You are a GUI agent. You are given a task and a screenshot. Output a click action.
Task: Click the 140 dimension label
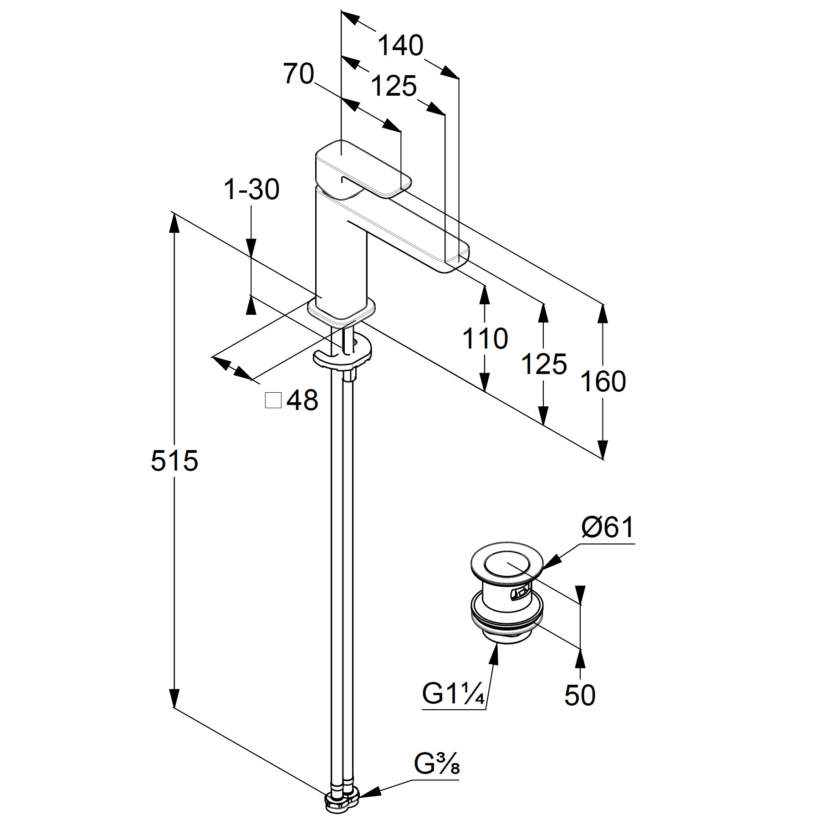(x=401, y=46)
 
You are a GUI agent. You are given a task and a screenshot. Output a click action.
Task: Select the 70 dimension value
(x=299, y=74)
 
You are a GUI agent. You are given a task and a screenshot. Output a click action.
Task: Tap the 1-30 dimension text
(x=251, y=189)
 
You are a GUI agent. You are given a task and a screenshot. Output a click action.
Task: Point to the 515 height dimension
(x=174, y=461)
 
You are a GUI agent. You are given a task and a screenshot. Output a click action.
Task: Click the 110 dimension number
(x=485, y=338)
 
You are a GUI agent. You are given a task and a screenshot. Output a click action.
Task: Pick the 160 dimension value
(x=603, y=381)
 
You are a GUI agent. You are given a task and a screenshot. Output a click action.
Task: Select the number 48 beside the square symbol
(x=302, y=400)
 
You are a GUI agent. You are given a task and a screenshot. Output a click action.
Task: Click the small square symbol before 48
(x=273, y=400)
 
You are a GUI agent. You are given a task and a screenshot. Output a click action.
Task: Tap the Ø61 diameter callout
(x=608, y=528)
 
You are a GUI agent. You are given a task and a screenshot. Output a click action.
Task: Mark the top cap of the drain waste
(x=507, y=564)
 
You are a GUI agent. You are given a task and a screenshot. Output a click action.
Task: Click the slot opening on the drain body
(x=519, y=594)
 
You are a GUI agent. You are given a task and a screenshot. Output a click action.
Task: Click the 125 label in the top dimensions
(x=394, y=86)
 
